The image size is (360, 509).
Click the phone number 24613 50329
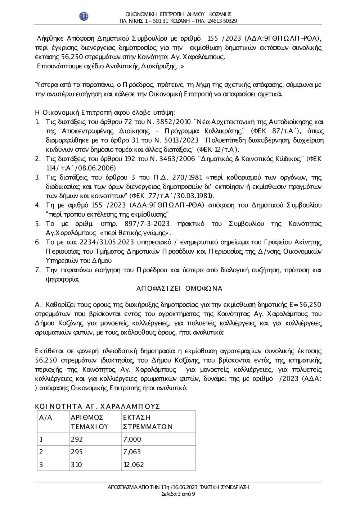click(222, 21)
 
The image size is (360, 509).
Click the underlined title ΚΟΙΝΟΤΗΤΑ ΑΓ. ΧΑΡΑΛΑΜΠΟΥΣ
click(97, 406)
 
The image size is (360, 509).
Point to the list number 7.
click(37, 270)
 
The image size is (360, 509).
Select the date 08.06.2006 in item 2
click(100, 168)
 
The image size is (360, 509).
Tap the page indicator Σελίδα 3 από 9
click(179, 494)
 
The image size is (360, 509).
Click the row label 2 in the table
click(41, 452)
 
